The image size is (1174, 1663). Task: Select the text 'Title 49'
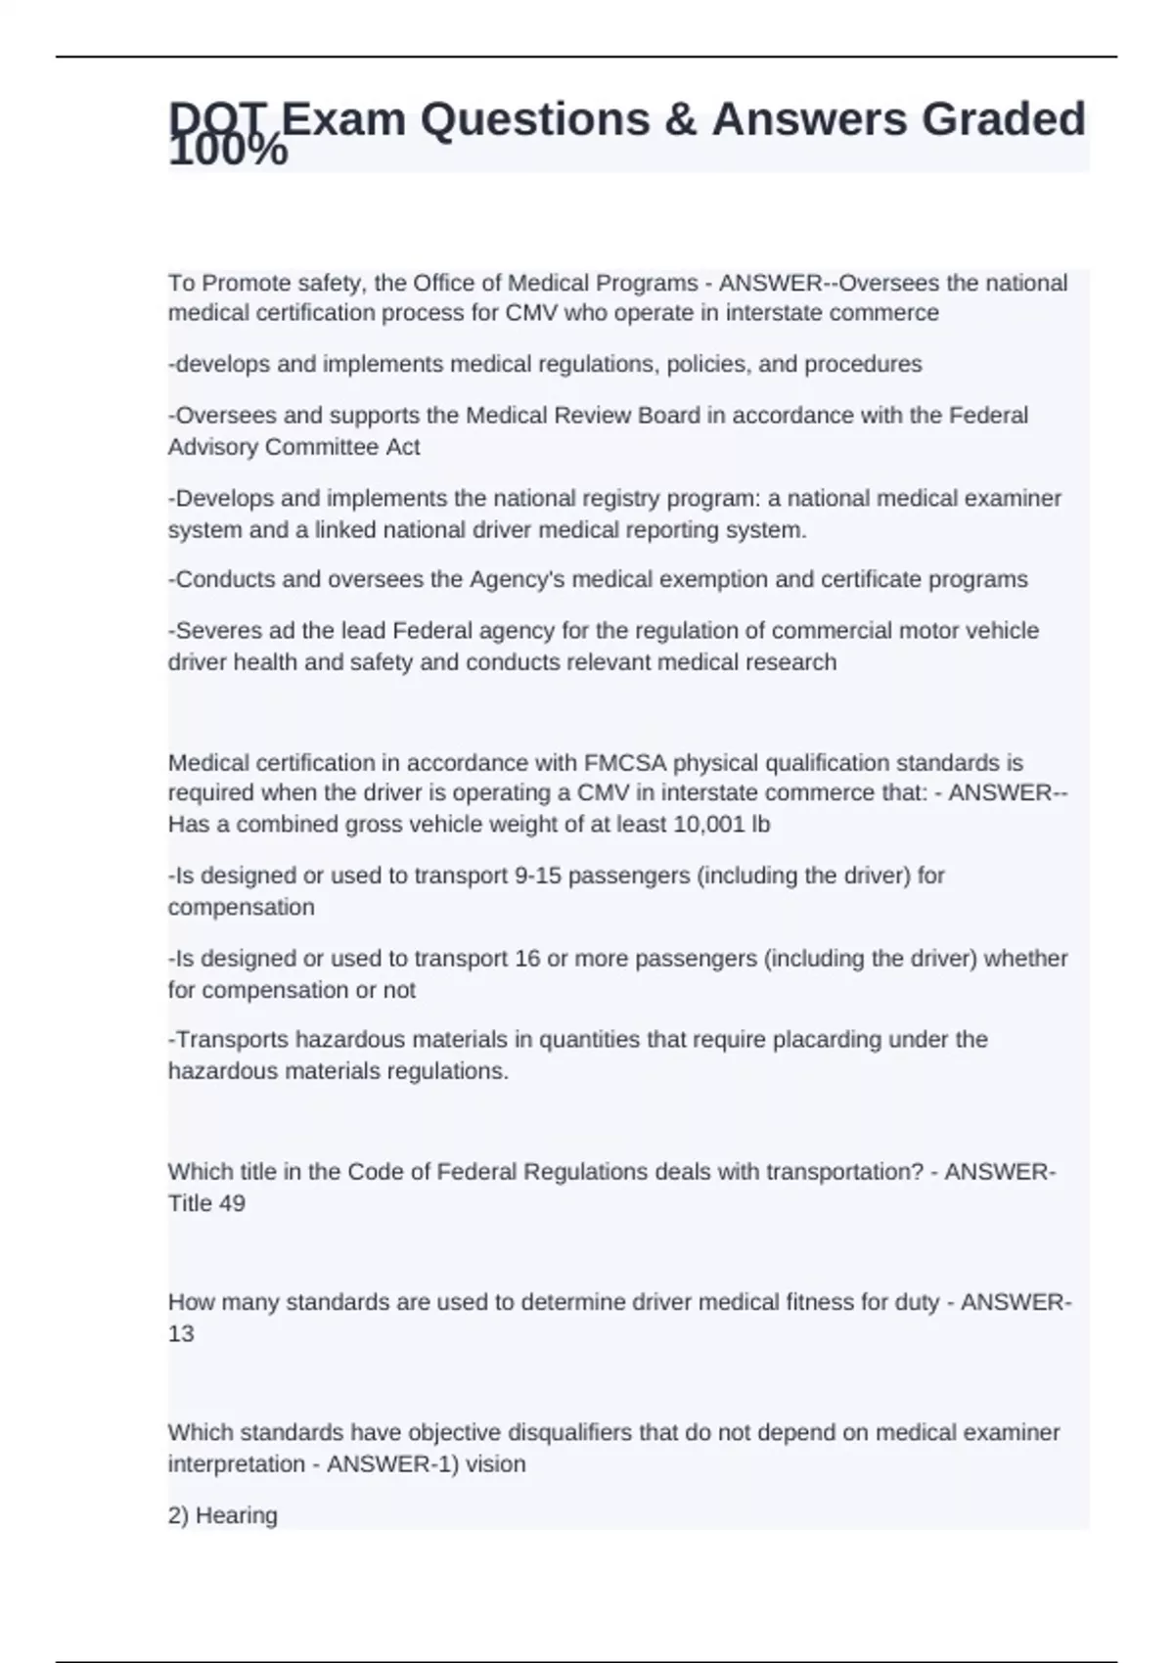point(206,1203)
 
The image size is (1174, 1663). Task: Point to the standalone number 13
point(181,1333)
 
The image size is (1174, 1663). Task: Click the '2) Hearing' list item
point(223,1515)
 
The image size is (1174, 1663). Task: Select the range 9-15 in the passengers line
point(537,876)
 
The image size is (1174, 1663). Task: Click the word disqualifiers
point(562,1433)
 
